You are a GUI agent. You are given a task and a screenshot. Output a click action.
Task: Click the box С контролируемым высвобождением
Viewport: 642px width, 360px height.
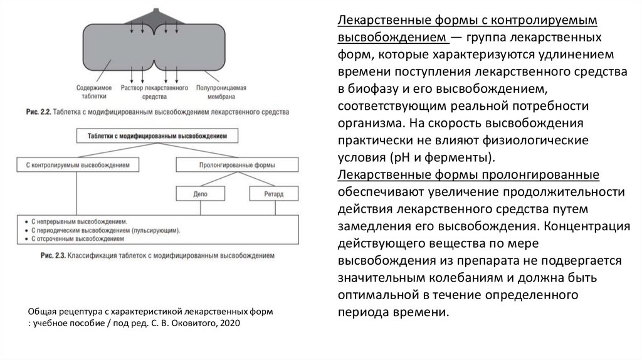click(78, 165)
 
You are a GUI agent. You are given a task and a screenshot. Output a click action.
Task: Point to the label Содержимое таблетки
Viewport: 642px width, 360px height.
click(94, 93)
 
